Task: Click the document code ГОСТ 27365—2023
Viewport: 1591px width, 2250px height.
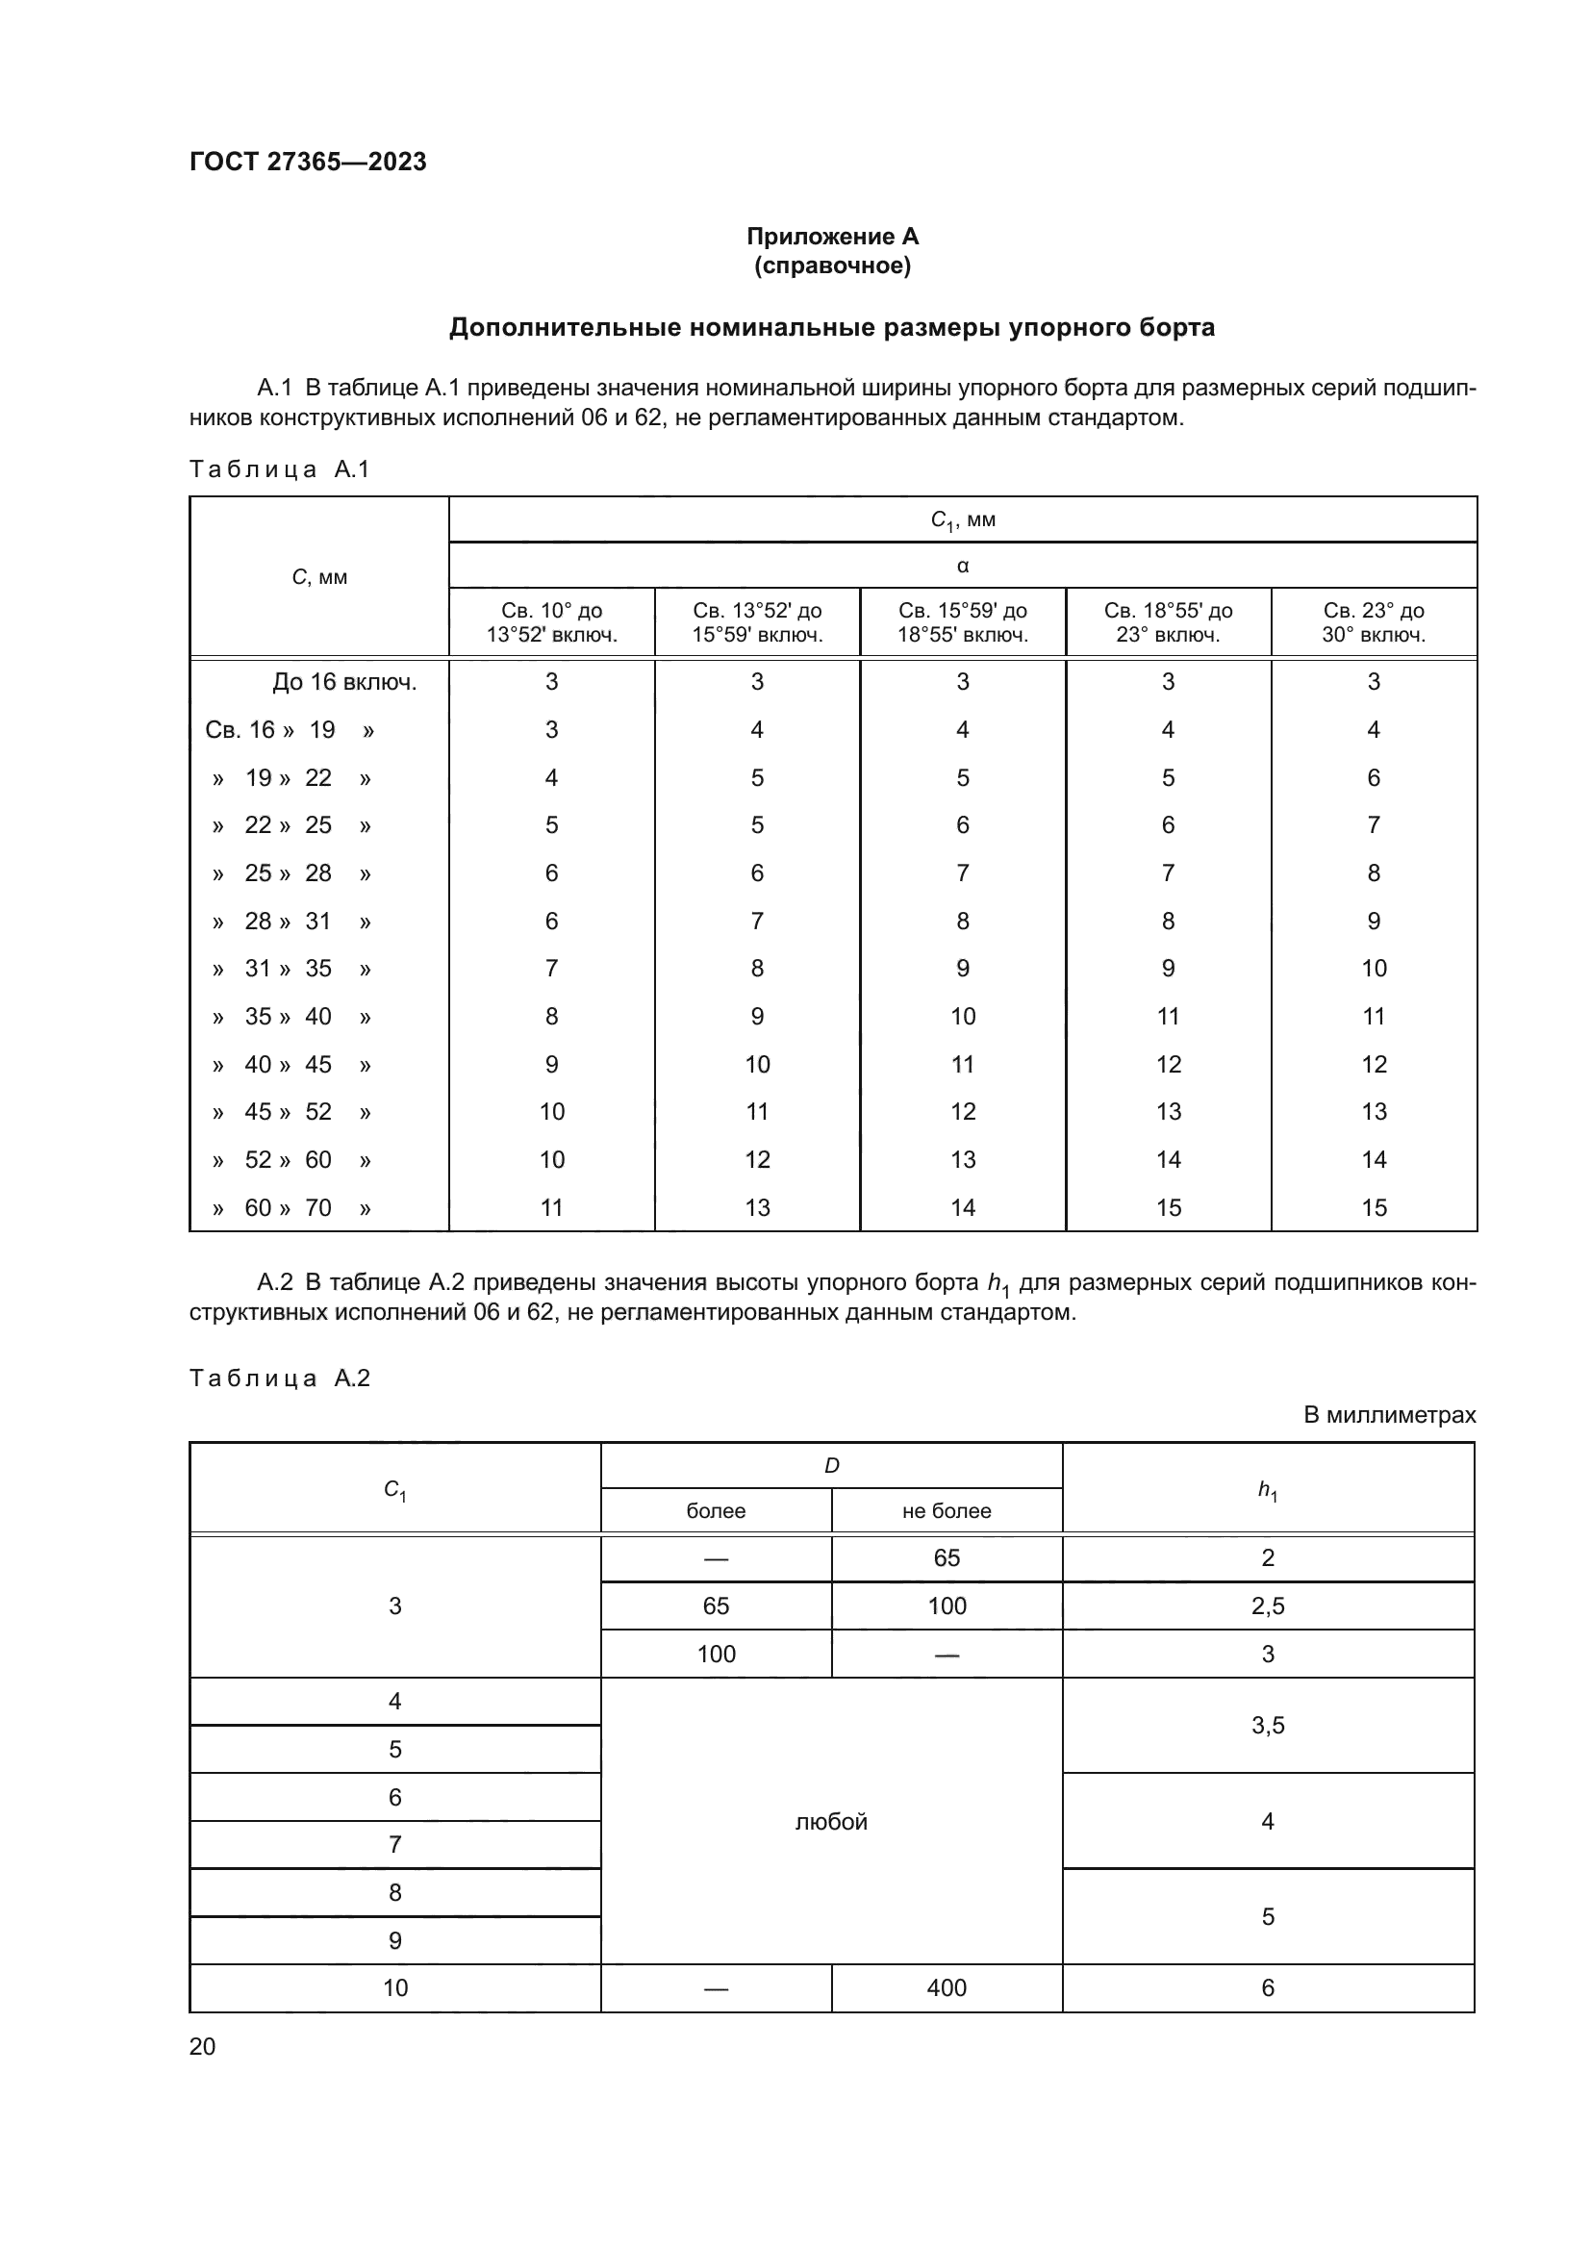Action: [x=308, y=162]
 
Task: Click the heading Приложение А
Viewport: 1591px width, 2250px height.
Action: [x=832, y=237]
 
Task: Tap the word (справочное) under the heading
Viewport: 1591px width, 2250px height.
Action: [x=832, y=265]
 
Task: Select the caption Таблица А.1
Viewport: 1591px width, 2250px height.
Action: [x=279, y=469]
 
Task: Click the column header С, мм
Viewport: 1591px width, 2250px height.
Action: [x=319, y=577]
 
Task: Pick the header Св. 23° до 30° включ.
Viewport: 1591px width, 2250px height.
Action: [x=1373, y=622]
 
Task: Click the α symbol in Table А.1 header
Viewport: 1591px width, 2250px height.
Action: [x=962, y=566]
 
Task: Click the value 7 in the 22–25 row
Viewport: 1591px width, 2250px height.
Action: [x=1373, y=825]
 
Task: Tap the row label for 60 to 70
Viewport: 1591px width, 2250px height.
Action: [x=290, y=1207]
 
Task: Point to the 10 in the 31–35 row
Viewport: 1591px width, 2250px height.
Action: [x=1373, y=969]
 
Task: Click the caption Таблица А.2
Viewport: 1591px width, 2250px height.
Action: [x=279, y=1378]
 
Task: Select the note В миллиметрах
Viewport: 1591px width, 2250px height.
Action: [x=1388, y=1415]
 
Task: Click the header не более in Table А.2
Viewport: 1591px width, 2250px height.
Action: [x=946, y=1511]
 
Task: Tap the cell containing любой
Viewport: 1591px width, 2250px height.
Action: [x=831, y=1822]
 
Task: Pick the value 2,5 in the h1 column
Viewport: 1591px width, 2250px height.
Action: [x=1267, y=1606]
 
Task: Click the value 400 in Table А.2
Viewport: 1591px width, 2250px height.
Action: [x=946, y=1987]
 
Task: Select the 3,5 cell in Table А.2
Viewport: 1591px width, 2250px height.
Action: [x=1267, y=1726]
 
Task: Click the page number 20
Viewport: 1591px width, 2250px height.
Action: [x=203, y=2046]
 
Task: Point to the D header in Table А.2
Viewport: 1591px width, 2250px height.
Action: [x=831, y=1466]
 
